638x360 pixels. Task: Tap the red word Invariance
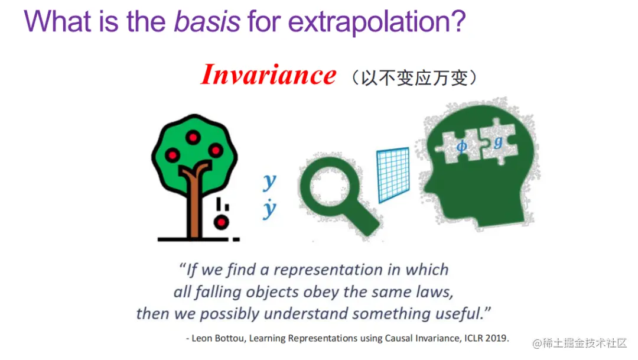coord(268,75)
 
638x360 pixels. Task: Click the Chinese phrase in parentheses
coord(414,78)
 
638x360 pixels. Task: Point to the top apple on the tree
coord(193,137)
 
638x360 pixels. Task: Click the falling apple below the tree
coord(221,223)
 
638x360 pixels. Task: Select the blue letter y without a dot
coord(269,181)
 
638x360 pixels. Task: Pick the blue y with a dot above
coord(269,209)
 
